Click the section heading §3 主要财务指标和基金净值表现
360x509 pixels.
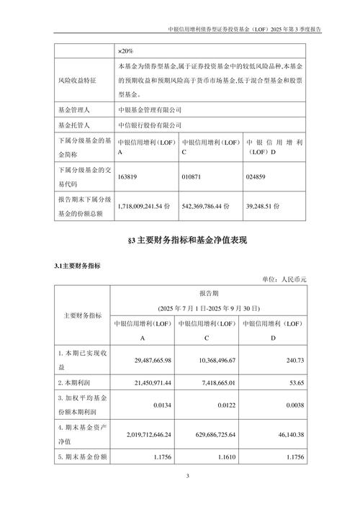point(180,239)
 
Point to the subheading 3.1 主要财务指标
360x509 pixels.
point(78,266)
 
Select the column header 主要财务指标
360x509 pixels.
point(82,315)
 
